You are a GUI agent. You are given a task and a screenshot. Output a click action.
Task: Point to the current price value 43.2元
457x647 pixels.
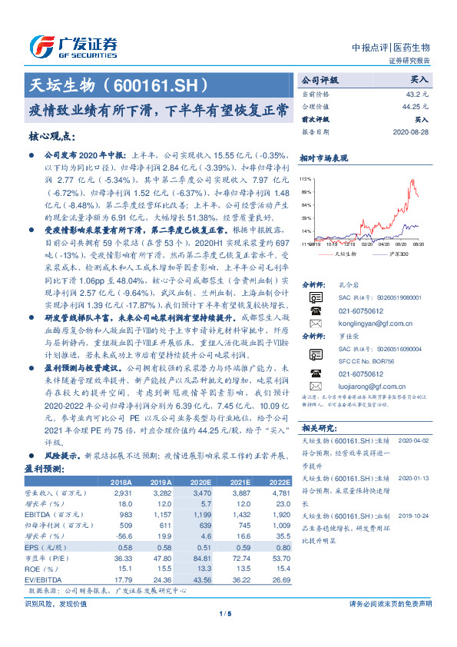click(x=418, y=93)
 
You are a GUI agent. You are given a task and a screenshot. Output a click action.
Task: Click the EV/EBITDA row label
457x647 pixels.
click(x=41, y=579)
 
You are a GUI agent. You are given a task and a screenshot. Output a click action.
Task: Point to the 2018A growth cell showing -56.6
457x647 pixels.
click(x=123, y=535)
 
